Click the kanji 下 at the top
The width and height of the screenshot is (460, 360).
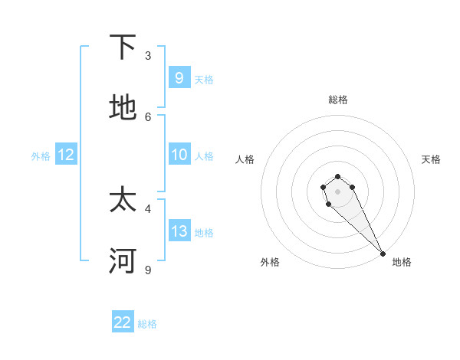(123, 48)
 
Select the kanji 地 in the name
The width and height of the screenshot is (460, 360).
(123, 109)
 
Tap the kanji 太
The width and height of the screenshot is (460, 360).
(123, 201)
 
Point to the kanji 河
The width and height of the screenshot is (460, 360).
(123, 261)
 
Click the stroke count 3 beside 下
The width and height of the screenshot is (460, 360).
(148, 55)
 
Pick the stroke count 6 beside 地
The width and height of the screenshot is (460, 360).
(148, 116)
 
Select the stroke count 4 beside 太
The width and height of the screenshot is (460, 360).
(148, 208)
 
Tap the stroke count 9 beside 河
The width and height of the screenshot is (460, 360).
(148, 269)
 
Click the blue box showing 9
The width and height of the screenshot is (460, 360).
(179, 77)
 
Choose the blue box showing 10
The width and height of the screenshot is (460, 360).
(179, 155)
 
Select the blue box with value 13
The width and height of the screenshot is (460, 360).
(179, 231)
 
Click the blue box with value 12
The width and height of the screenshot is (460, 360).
(66, 155)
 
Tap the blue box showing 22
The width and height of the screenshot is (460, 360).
(123, 322)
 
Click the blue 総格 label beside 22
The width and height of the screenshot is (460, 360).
(147, 324)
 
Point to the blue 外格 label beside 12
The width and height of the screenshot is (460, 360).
(41, 156)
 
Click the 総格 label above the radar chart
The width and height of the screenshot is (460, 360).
(338, 100)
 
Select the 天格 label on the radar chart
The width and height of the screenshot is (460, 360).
(431, 159)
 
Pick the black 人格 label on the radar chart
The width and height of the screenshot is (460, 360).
(245, 159)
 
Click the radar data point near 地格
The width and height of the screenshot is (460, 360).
(383, 254)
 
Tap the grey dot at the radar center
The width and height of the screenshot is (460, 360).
(337, 191)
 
